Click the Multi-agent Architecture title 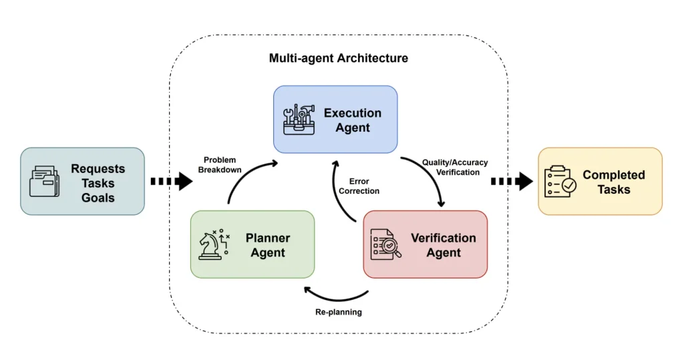(x=338, y=58)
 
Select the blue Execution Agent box (x=335, y=119)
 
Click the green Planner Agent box (x=252, y=244)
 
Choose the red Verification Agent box (x=425, y=244)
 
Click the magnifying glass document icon (x=386, y=245)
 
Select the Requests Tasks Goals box (x=82, y=181)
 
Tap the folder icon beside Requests (x=44, y=182)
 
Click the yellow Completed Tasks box (x=600, y=181)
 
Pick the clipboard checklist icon (x=560, y=182)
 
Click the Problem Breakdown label (x=220, y=165)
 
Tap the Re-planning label (x=338, y=312)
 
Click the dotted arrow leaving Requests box (x=170, y=181)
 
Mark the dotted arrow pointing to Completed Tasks (x=511, y=181)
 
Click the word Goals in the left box (x=98, y=198)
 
